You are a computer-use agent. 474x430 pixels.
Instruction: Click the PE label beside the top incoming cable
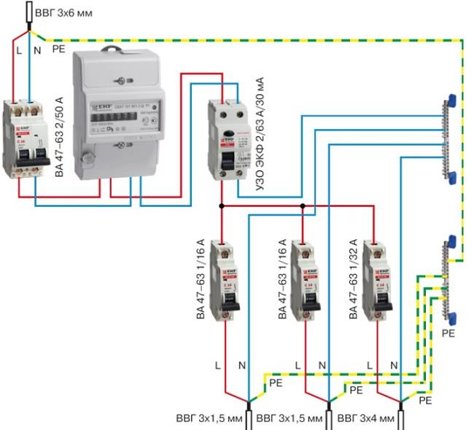61,50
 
